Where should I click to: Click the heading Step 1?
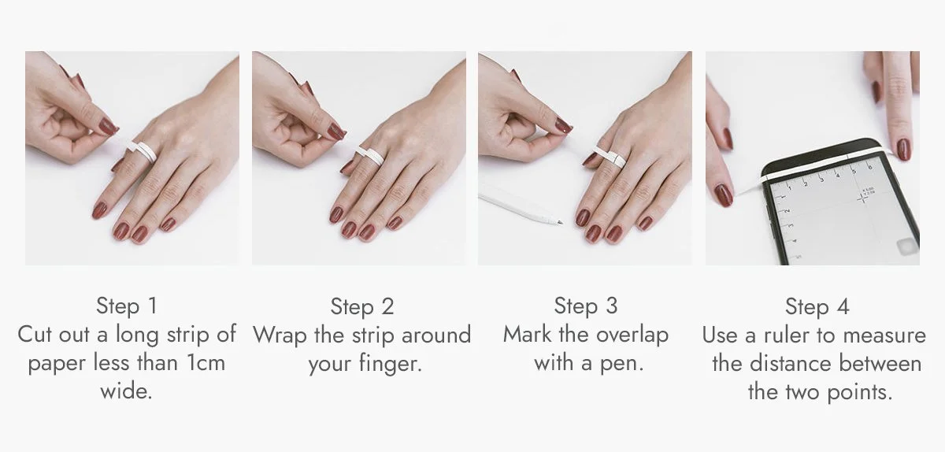[x=127, y=306]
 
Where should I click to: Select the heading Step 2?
[x=362, y=306]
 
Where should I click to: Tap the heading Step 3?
[x=586, y=306]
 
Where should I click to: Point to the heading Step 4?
[x=817, y=306]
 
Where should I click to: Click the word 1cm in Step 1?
[x=205, y=362]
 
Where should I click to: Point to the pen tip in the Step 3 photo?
[x=561, y=222]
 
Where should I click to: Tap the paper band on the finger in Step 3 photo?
[x=610, y=155]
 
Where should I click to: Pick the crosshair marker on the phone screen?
[x=862, y=197]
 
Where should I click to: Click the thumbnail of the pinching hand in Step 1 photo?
[x=108, y=126]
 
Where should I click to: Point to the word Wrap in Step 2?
[x=280, y=336]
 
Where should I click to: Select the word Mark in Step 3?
[x=528, y=335]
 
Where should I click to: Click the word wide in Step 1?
[x=126, y=391]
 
